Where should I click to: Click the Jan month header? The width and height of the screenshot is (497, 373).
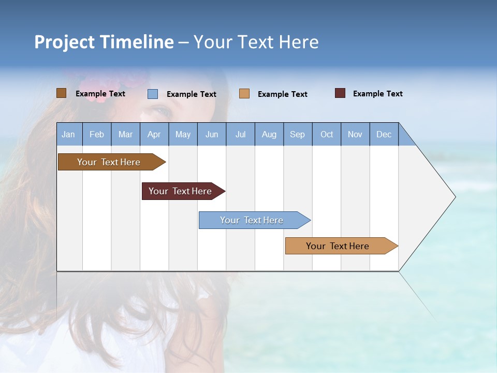pos(68,134)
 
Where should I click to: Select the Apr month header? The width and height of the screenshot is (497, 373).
pos(154,134)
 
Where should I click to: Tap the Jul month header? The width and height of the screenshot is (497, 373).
pos(240,134)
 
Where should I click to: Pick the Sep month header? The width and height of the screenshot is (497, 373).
pos(297,134)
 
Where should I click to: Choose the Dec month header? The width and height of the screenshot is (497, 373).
pos(384,134)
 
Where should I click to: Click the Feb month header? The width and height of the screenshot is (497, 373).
pos(97,134)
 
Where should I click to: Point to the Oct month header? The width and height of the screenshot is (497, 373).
pos(327,134)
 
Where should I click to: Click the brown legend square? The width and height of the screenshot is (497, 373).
pos(62,93)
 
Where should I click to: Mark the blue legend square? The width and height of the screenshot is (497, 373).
pos(153,94)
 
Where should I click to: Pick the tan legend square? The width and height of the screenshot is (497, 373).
pos(244,94)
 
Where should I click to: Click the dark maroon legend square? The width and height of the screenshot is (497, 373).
pos(340,93)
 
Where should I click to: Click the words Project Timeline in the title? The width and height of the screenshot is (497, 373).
pos(104,42)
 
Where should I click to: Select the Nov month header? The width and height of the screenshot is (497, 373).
pos(355,134)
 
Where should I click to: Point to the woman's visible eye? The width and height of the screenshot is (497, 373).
pos(162,111)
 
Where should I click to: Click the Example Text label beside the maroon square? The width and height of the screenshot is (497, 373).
pos(377,94)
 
